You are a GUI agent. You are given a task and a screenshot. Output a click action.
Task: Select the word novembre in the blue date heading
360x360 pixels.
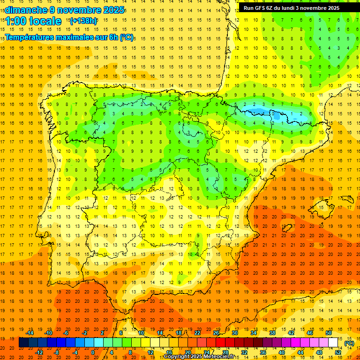tap(77, 10)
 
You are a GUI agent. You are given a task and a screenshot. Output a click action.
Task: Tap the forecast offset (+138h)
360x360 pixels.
tap(83, 21)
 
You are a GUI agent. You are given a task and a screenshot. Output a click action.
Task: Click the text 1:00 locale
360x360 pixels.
tap(33, 21)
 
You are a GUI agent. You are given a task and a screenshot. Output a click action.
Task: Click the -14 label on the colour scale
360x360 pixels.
tap(30, 332)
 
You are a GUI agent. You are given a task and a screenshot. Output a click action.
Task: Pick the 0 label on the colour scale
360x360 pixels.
tap(92, 352)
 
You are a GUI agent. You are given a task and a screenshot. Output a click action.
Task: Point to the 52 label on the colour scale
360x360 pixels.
tap(338, 352)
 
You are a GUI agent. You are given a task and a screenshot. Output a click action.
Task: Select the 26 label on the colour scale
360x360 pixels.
tap(216, 332)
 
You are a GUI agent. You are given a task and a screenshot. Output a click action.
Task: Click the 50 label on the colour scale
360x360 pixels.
tap(329, 332)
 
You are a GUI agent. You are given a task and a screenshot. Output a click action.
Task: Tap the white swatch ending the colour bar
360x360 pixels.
tap(333, 343)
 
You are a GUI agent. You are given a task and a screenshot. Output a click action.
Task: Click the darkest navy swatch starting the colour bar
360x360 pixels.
tap(23, 343)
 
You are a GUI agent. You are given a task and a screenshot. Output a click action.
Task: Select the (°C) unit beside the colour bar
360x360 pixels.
tap(349, 343)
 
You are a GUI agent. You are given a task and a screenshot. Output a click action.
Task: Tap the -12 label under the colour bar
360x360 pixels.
tap(39, 352)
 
